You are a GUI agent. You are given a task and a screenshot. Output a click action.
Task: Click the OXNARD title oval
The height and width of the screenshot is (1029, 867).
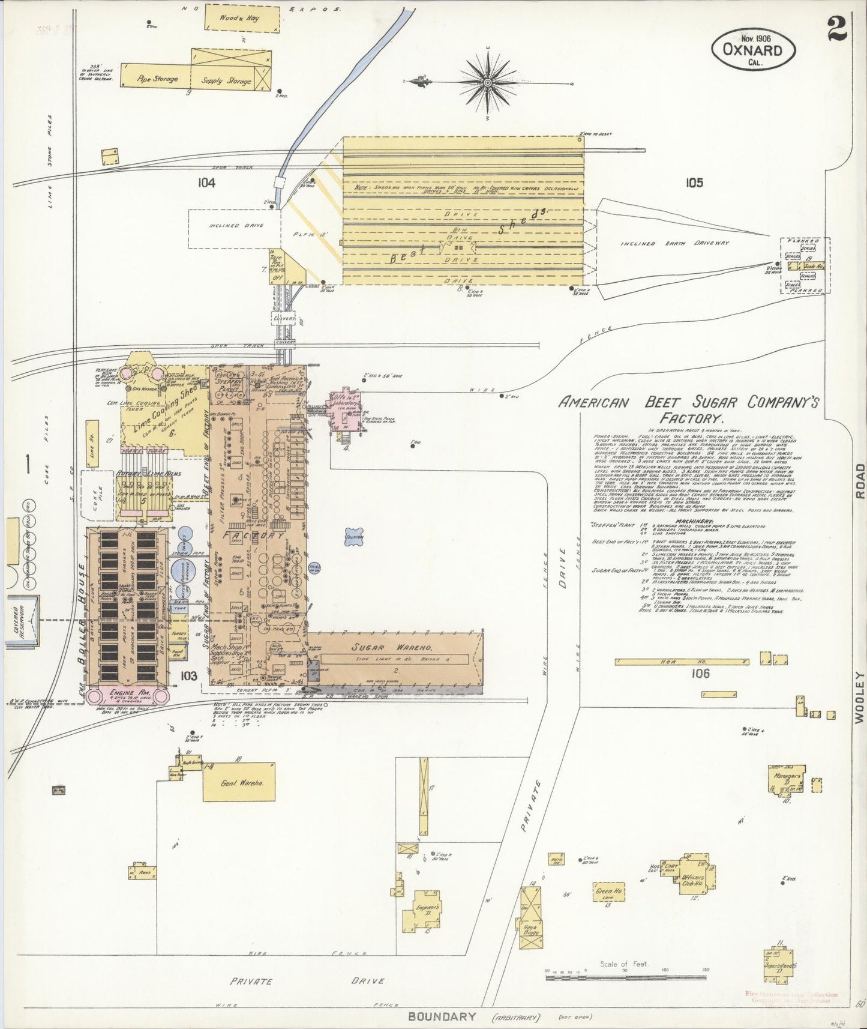(x=754, y=50)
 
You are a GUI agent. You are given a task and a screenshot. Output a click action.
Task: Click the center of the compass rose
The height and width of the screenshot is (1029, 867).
(x=488, y=80)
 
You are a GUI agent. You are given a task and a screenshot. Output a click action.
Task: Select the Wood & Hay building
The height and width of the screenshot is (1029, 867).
(x=242, y=17)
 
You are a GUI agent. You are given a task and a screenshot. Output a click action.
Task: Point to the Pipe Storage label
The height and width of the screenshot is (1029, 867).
(x=157, y=79)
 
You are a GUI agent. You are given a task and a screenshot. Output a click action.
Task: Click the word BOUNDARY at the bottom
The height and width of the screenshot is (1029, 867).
(x=442, y=1016)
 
